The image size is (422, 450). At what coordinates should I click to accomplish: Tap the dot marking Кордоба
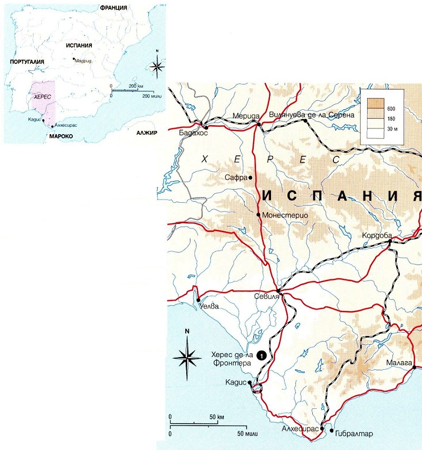[x=390, y=241]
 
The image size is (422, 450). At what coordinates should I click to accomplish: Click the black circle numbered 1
[x=261, y=357]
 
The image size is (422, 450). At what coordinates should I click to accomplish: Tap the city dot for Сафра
[x=250, y=177]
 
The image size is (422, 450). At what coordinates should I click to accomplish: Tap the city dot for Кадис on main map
[x=250, y=383]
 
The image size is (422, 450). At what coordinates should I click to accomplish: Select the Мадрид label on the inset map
[x=84, y=60]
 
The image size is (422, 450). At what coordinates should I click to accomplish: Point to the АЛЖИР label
[x=147, y=133]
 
